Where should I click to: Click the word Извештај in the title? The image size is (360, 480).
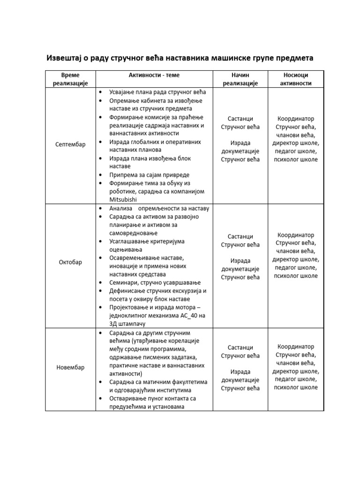click(64, 58)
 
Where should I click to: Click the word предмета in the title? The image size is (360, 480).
click(291, 58)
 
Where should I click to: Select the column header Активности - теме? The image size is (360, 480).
click(154, 75)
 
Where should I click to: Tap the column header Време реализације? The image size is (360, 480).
click(70, 79)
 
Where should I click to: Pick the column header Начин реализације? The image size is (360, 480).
click(240, 79)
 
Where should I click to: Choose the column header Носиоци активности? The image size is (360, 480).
click(295, 79)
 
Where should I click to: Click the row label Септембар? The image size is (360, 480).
click(70, 145)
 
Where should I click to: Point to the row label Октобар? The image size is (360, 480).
click(70, 262)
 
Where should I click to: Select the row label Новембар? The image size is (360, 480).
click(70, 367)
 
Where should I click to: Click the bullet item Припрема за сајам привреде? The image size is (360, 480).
click(149, 174)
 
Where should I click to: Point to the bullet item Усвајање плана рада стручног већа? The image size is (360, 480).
click(157, 92)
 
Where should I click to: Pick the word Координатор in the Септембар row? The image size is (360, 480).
click(295, 119)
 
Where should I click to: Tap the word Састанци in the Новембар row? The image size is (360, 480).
click(240, 347)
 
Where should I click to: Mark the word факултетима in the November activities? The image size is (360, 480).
click(188, 382)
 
